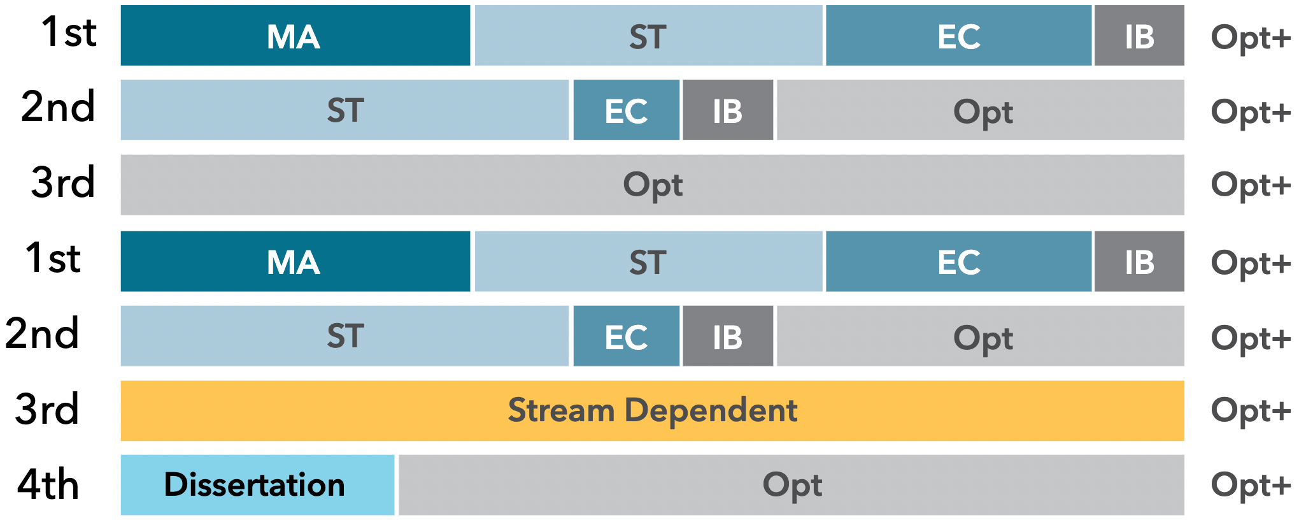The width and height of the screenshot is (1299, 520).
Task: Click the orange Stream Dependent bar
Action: [652, 411]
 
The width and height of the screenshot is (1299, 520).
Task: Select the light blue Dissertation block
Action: [257, 485]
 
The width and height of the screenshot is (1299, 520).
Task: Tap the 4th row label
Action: [48, 485]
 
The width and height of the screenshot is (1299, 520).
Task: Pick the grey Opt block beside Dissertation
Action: [791, 485]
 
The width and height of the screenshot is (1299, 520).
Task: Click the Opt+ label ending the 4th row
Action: [1251, 486]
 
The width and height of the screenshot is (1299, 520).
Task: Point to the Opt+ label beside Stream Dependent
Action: [1251, 411]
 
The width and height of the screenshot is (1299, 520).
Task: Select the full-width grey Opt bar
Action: [652, 185]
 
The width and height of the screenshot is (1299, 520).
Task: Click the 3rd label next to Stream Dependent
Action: [47, 409]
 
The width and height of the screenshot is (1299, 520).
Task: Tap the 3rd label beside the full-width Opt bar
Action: [63, 183]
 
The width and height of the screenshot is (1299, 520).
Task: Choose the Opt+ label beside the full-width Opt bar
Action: [1251, 185]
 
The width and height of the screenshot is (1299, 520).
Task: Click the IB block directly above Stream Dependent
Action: [728, 336]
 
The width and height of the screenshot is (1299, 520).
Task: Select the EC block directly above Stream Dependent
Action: [626, 336]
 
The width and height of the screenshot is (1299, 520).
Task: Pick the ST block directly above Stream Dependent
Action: [344, 336]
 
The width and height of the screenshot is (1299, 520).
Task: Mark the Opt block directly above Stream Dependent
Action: [981, 336]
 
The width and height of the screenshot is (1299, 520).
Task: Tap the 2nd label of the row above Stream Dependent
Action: [42, 333]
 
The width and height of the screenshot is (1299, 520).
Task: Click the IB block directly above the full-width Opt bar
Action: [728, 110]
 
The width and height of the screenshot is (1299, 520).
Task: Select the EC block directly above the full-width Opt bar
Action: [626, 110]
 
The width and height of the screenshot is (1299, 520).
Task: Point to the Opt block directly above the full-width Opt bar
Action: [981, 110]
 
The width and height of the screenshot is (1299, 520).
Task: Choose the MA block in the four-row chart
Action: [295, 261]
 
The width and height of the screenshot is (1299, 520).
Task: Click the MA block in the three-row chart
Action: [295, 35]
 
